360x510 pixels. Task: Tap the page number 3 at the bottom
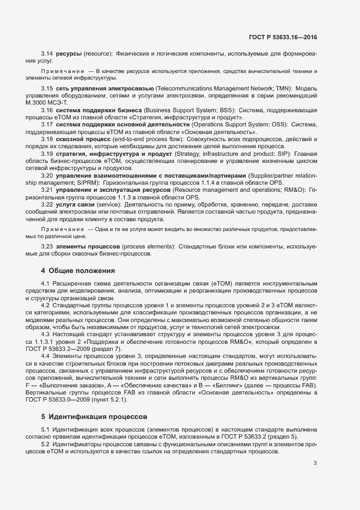(315, 464)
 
